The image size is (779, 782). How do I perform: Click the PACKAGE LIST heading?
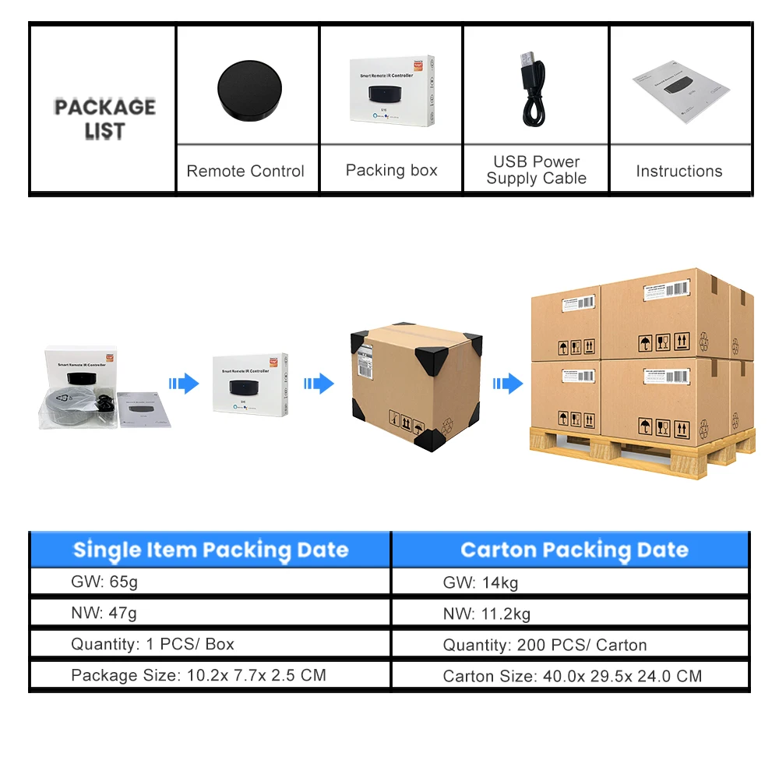pyautogui.click(x=104, y=119)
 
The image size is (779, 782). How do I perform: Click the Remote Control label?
pyautogui.click(x=245, y=172)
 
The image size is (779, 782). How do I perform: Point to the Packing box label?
pyautogui.click(x=391, y=170)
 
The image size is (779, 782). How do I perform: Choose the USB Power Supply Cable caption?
pyautogui.click(x=536, y=170)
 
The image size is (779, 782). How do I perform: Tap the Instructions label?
pyautogui.click(x=679, y=172)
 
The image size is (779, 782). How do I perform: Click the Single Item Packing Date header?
pyautogui.click(x=210, y=550)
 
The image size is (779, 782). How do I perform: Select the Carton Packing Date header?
pyautogui.click(x=574, y=550)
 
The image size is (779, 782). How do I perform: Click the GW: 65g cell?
pyautogui.click(x=104, y=582)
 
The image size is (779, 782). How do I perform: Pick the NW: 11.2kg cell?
pyautogui.click(x=487, y=614)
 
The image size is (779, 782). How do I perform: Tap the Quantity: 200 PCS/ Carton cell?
pyautogui.click(x=545, y=645)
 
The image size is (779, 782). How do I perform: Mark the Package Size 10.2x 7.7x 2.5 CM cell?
pyautogui.click(x=198, y=675)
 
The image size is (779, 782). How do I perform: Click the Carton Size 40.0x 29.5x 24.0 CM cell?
pyautogui.click(x=572, y=676)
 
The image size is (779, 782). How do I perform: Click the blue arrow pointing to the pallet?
pyautogui.click(x=508, y=383)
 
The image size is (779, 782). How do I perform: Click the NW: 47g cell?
pyautogui.click(x=104, y=613)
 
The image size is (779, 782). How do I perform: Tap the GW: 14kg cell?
pyautogui.click(x=480, y=582)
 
